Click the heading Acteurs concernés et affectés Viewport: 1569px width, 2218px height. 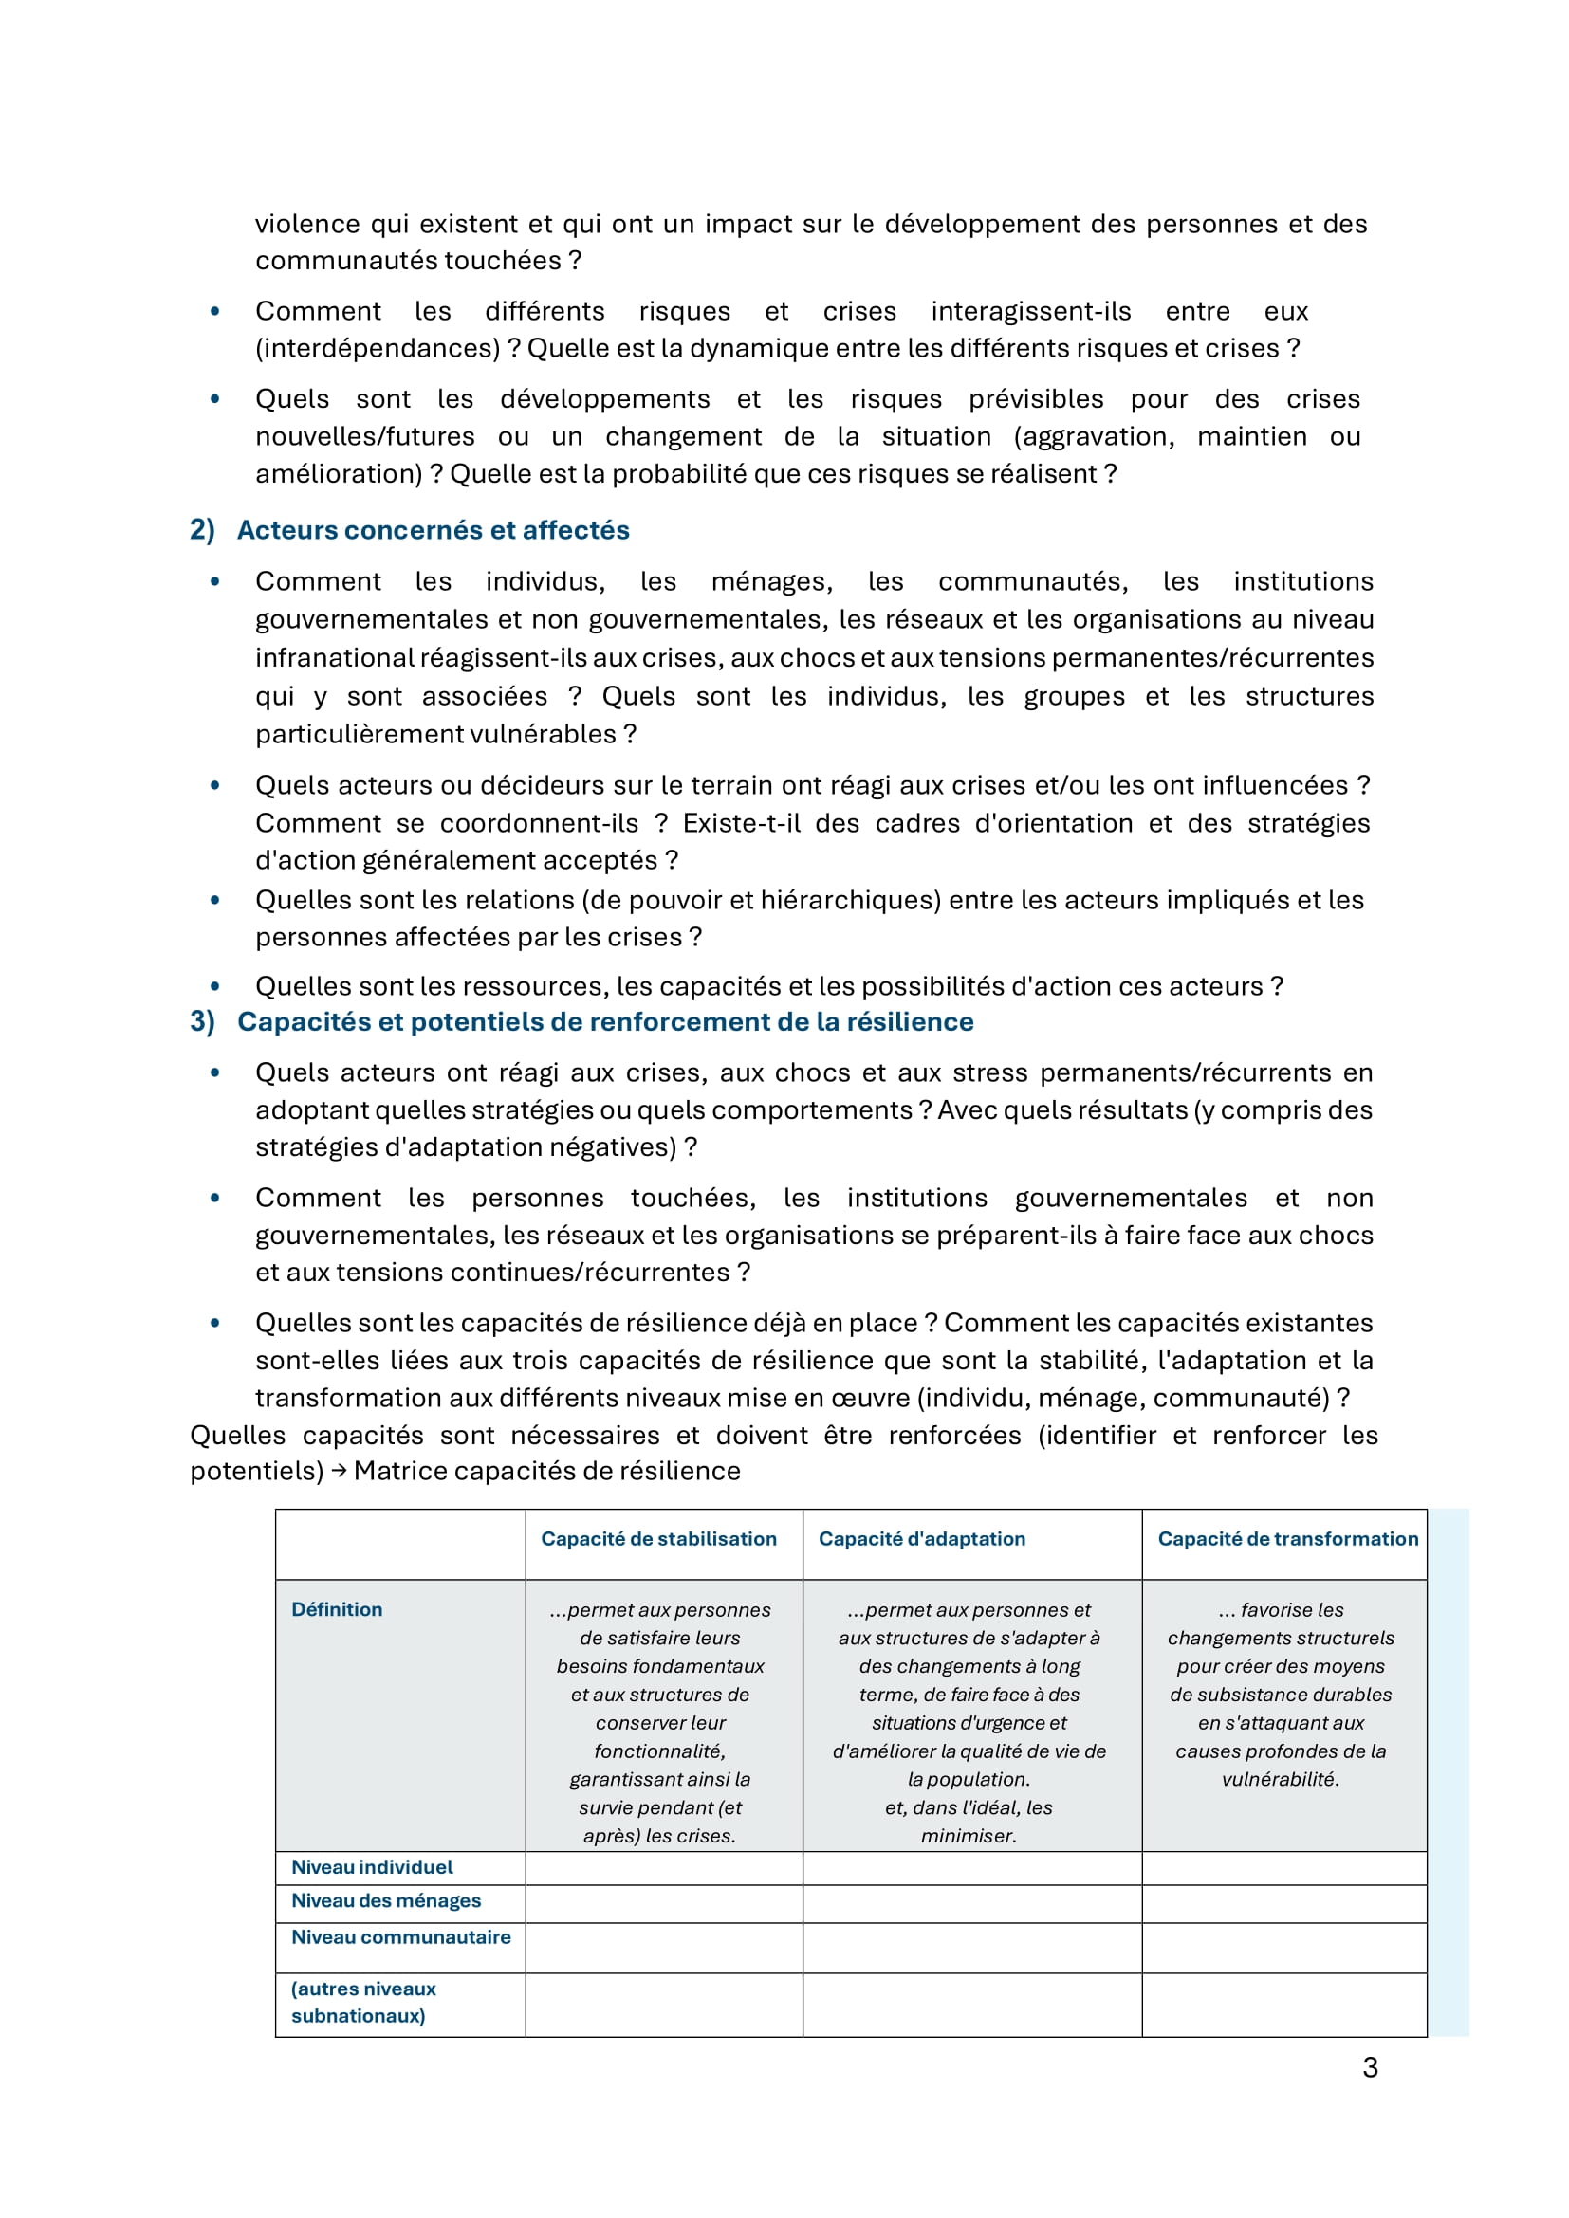point(433,530)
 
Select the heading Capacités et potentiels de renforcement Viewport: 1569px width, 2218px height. point(605,1022)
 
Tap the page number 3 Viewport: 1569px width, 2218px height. point(1369,2067)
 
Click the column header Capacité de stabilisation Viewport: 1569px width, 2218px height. point(658,1539)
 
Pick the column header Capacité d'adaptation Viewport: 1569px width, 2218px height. point(922,1539)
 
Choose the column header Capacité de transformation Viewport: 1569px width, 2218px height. point(1287,1539)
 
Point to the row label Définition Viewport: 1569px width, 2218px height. point(337,1609)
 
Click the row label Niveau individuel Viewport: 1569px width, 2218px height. point(372,1867)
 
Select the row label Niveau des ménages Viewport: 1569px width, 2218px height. point(385,1900)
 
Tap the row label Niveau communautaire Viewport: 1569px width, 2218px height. point(401,1937)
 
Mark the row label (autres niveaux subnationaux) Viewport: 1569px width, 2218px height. point(363,2002)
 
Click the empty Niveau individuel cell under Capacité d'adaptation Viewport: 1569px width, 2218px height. point(971,1868)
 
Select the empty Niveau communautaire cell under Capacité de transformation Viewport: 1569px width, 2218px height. point(1283,1948)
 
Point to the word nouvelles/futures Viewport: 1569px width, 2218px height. point(364,436)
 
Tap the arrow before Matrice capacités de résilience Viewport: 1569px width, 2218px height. point(338,1472)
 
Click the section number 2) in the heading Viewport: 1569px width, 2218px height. point(202,530)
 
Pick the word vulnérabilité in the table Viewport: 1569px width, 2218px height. point(1280,1779)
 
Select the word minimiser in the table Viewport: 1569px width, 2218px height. point(969,1836)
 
